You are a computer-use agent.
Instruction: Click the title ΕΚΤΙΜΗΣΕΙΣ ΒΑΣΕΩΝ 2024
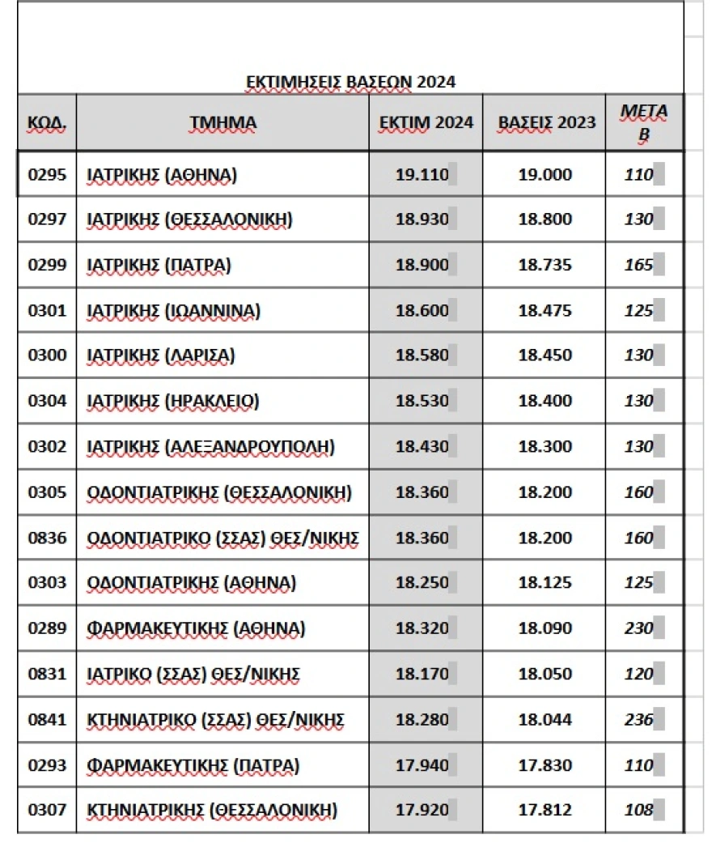coord(350,82)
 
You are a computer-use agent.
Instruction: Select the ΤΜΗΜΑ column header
coord(222,123)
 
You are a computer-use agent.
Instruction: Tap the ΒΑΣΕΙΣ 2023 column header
coord(546,123)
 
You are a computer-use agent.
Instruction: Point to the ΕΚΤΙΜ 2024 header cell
coord(426,123)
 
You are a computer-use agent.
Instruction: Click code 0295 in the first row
coord(46,174)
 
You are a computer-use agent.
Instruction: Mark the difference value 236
coord(639,718)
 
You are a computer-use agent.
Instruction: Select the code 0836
coord(46,537)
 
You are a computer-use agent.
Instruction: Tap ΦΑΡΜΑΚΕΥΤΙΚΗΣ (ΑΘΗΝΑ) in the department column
coord(195,628)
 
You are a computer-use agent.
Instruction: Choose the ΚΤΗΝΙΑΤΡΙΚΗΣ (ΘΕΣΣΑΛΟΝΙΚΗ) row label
coord(211,809)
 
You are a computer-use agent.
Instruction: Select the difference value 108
coord(639,809)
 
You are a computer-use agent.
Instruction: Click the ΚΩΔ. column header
coord(46,123)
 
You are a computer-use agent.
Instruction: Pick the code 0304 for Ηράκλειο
coord(46,401)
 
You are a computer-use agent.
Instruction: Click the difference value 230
coord(639,628)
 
